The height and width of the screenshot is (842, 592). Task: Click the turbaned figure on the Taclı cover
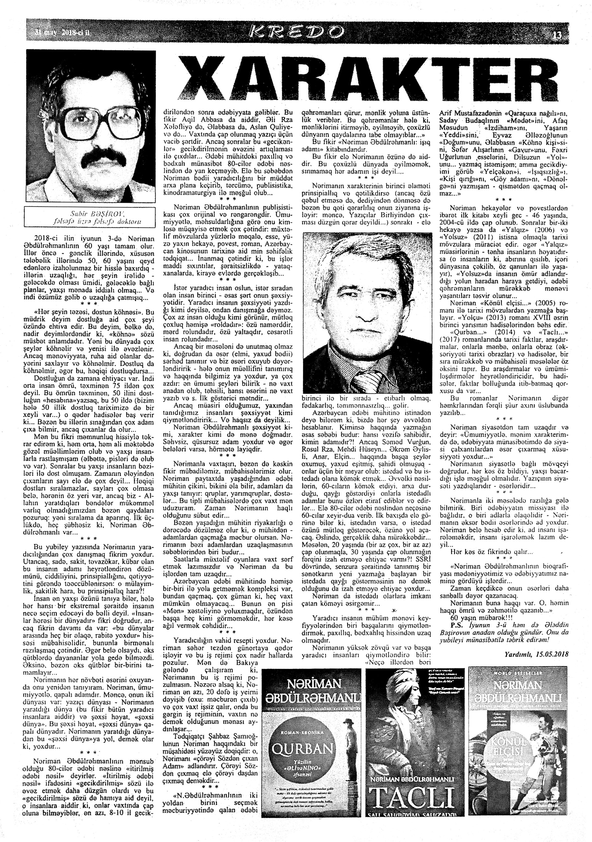[411, 697]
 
